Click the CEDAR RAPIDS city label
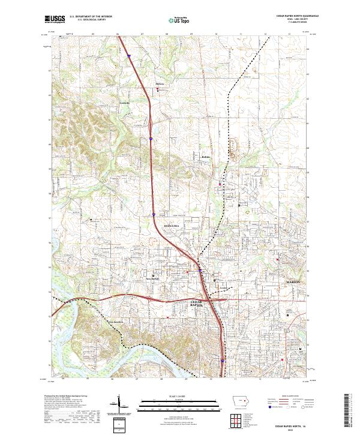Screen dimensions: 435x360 197,304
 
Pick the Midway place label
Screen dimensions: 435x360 160,84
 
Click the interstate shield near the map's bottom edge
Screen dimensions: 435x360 223,361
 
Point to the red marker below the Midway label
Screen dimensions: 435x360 159,91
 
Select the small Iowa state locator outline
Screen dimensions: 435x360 239,403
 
